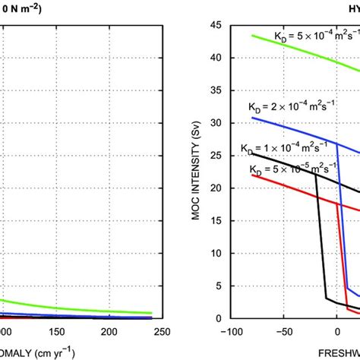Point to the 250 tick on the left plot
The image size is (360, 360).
(183, 333)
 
